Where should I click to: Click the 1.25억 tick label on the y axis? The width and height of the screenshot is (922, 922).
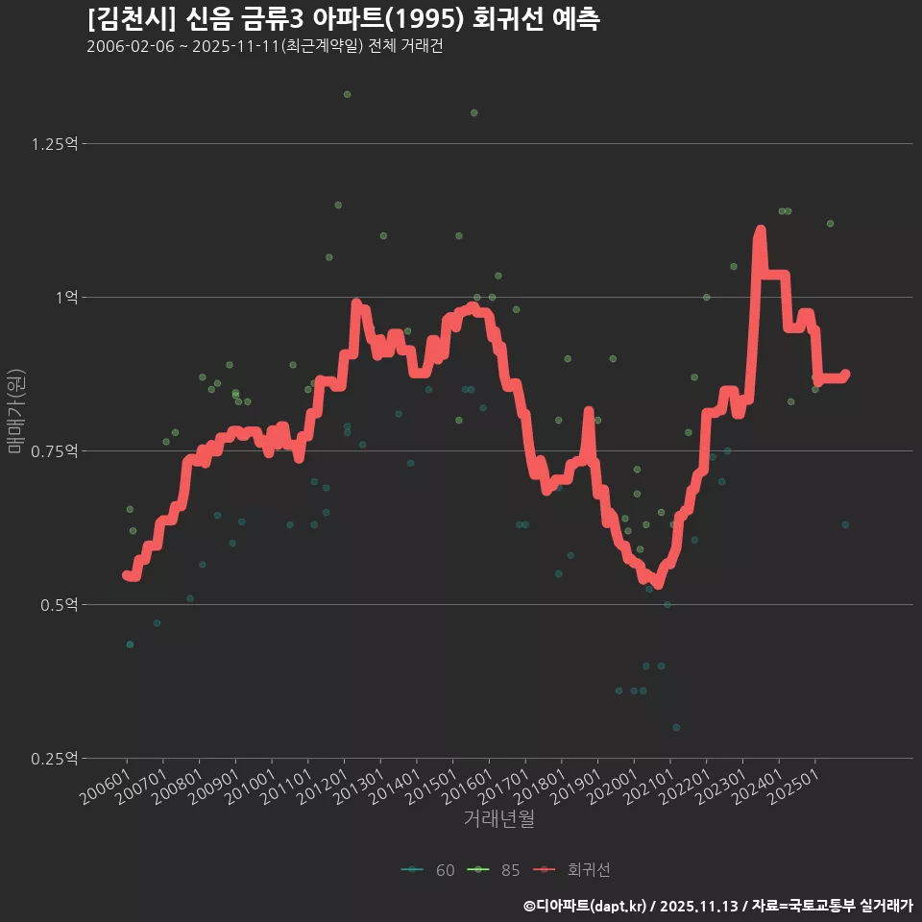pos(54,144)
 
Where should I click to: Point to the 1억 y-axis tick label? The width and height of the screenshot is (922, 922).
pos(63,298)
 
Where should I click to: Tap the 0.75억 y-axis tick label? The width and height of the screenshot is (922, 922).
pos(54,451)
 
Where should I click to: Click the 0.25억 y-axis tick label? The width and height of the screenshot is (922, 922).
pos(54,759)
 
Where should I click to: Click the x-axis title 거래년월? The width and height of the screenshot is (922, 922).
pos(498,818)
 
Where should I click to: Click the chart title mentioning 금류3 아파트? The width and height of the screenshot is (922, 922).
pos(343,19)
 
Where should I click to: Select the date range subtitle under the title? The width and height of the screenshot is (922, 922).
pos(264,47)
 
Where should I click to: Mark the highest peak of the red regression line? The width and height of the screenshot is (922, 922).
pos(760,230)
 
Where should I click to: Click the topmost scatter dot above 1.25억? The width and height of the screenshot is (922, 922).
pos(347,94)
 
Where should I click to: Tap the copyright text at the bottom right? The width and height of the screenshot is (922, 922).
pos(718,905)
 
